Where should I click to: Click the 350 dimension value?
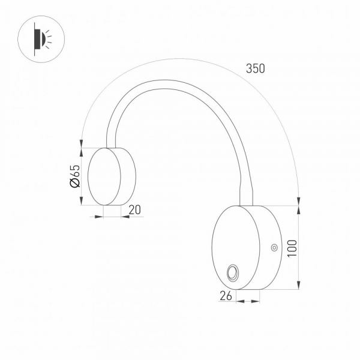[255, 68]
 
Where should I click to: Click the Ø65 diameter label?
[75, 176]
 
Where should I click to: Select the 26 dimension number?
[225, 295]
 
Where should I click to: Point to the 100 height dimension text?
[292, 247]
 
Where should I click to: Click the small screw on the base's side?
[274, 247]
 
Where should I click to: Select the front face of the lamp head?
[104, 176]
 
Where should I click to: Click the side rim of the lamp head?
[127, 176]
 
